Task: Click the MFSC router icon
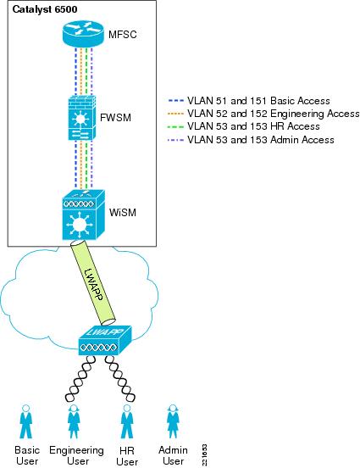coord(83,33)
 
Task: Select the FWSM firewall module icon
coord(81,118)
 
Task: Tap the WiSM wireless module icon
coord(84,214)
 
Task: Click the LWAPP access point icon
coord(105,341)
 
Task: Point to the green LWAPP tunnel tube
coord(93,282)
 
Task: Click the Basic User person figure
coord(26,421)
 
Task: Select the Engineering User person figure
coord(74,421)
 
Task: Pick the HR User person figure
coord(127,421)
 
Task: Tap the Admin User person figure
coord(173,421)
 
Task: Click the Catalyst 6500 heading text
coord(45,9)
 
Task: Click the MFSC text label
coord(123,35)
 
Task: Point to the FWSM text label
coord(115,118)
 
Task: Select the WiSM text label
coord(123,213)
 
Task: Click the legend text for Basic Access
coord(258,101)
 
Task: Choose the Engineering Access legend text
coord(274,114)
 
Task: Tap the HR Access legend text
coord(253,126)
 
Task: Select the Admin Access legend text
coord(260,139)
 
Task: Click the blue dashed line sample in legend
coord(176,101)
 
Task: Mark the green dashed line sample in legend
coord(176,126)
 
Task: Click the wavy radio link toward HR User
coord(120,377)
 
